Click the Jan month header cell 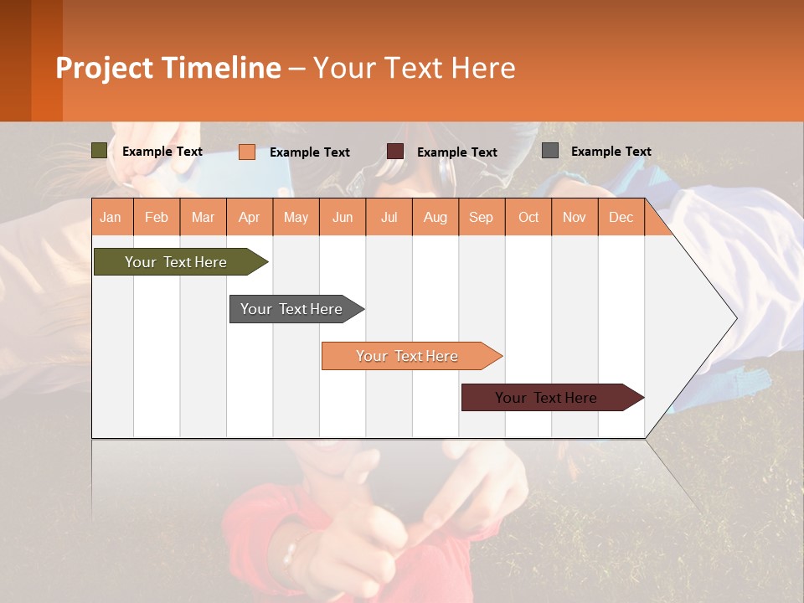click(x=111, y=217)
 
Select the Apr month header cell click(x=250, y=217)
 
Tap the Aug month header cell click(x=435, y=217)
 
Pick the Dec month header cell click(x=621, y=217)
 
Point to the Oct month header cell click(x=528, y=217)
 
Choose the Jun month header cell click(x=343, y=217)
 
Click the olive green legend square click(x=99, y=151)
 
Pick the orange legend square click(x=246, y=152)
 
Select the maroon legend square click(x=395, y=152)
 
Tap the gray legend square click(x=550, y=151)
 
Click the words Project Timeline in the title click(x=168, y=68)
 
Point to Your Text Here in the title click(x=414, y=68)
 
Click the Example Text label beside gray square click(x=611, y=152)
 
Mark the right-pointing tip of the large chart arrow click(x=734, y=318)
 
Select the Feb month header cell click(x=157, y=217)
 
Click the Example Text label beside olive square click(x=162, y=152)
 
